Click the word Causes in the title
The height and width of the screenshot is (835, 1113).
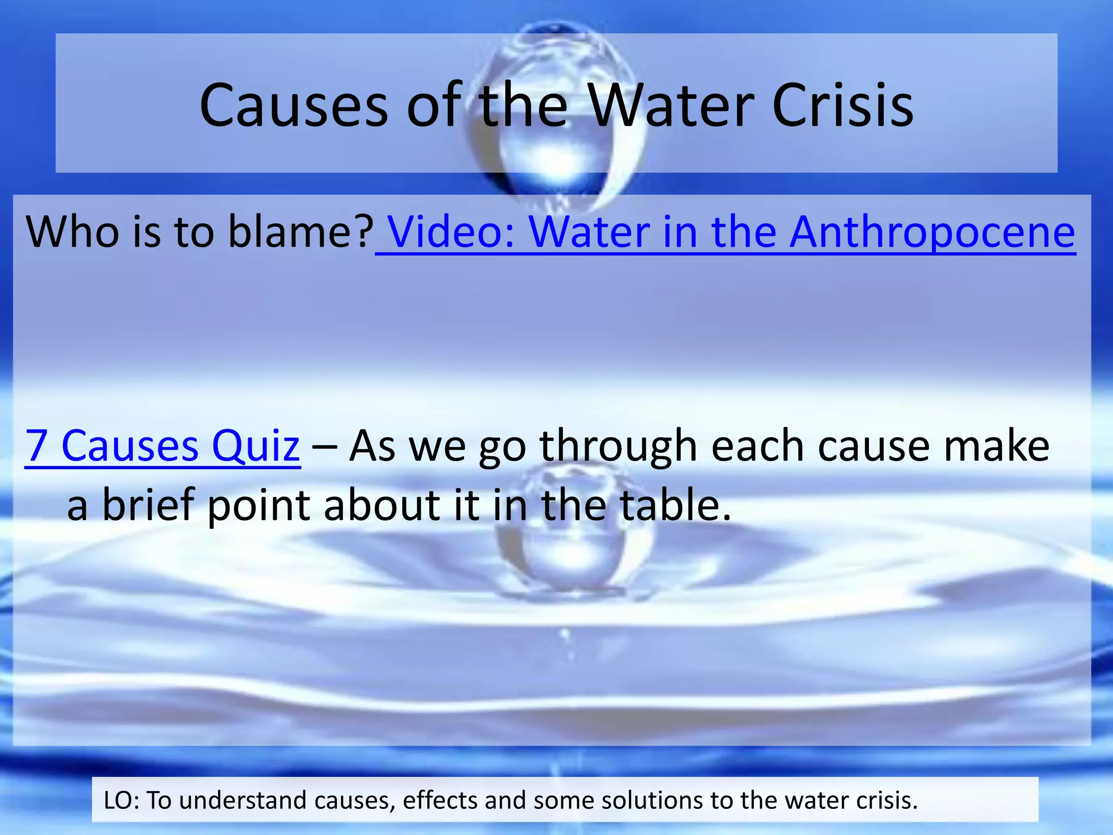click(x=293, y=105)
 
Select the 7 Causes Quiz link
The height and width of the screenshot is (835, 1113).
click(x=162, y=446)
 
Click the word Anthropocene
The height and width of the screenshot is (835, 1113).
click(x=932, y=232)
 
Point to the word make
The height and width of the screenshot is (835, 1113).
click(x=996, y=446)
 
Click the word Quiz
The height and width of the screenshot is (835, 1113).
click(x=255, y=446)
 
